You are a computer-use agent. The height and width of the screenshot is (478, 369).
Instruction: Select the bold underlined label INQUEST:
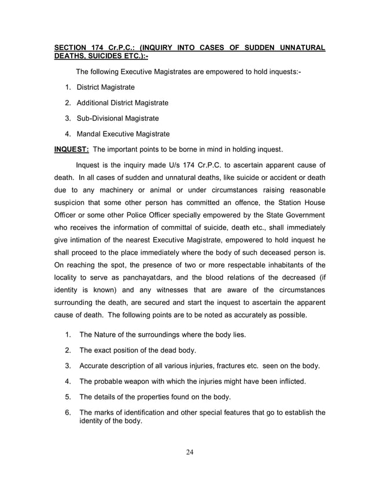[x=71, y=149]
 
